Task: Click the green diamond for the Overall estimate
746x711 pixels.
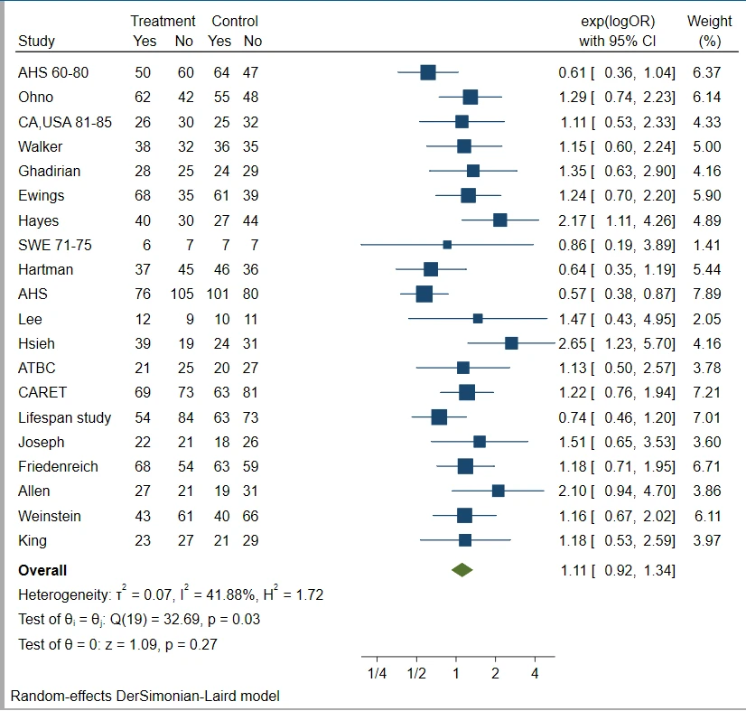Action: coord(462,570)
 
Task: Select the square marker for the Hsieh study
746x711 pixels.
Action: coord(511,343)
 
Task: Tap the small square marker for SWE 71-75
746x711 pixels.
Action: coord(447,245)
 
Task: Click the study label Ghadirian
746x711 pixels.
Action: coord(47,171)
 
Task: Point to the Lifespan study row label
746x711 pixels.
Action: coord(65,417)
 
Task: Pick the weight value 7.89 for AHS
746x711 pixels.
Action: coord(710,294)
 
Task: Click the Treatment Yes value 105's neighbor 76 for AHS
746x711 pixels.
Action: coord(145,294)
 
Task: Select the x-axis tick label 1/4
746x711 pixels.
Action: coord(378,674)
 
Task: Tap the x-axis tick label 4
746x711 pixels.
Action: coord(535,674)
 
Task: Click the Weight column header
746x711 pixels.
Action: coord(709,21)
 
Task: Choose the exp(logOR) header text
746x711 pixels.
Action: coord(617,21)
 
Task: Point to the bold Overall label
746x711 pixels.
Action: coord(42,570)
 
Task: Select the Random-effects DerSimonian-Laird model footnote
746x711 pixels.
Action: coord(145,696)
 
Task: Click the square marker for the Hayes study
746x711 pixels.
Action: coord(499,220)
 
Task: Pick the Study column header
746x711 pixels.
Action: coord(36,41)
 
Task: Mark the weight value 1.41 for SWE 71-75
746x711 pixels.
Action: coord(710,245)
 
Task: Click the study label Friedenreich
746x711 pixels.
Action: coord(58,466)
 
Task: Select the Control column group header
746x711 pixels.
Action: coord(235,21)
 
